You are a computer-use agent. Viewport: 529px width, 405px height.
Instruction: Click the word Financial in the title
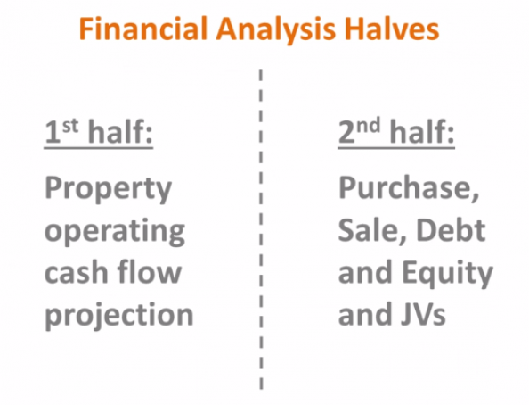tap(142, 29)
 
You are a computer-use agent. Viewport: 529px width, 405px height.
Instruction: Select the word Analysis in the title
tap(276, 30)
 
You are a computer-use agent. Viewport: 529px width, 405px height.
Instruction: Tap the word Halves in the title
tap(392, 29)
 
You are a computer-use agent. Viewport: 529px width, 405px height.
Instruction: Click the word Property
tap(109, 190)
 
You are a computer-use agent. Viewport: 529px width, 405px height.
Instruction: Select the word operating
tap(115, 232)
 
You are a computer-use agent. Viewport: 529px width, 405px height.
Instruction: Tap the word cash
tap(76, 272)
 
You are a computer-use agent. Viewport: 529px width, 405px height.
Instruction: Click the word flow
tap(150, 271)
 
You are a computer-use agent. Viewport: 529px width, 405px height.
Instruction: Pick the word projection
tap(119, 314)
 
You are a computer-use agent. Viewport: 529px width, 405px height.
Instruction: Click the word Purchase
tap(409, 188)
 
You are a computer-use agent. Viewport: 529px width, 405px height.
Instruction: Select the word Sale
tap(372, 231)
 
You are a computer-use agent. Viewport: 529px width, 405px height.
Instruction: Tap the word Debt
tap(451, 230)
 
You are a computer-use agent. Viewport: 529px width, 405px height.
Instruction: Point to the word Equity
tap(447, 274)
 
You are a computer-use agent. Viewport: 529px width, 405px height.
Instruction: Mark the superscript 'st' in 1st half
tap(70, 126)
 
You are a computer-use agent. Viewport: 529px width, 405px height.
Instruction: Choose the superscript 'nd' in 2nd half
tap(369, 125)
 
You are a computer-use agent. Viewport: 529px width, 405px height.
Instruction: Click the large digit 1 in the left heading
tap(53, 132)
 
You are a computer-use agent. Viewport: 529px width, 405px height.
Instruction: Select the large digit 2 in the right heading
tap(347, 132)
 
